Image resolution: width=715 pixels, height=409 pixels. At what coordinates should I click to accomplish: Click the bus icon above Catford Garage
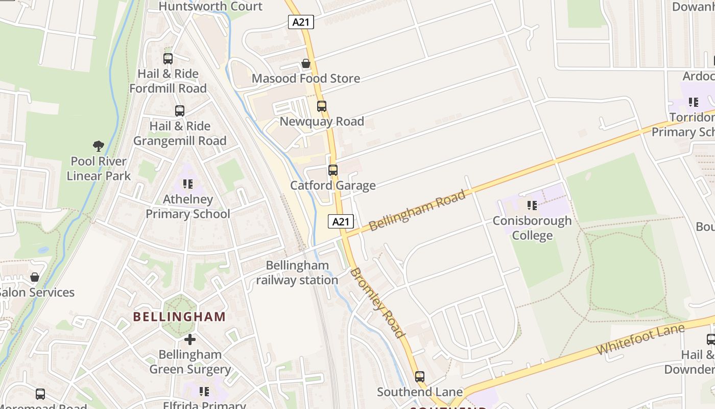pyautogui.click(x=333, y=170)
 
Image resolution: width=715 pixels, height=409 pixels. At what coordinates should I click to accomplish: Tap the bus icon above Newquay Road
pyautogui.click(x=322, y=106)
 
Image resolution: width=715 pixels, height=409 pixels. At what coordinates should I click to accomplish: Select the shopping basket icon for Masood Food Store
pyautogui.click(x=306, y=63)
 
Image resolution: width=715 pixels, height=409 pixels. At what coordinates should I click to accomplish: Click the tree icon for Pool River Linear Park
pyautogui.click(x=99, y=147)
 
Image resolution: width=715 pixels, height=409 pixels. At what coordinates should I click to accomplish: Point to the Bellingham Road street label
pyautogui.click(x=417, y=210)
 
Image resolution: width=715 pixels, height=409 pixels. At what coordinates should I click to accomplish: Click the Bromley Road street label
pyautogui.click(x=377, y=303)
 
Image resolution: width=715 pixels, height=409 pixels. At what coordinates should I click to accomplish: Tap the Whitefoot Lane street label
pyautogui.click(x=640, y=339)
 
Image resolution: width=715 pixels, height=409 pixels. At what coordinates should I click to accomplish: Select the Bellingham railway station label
pyautogui.click(x=297, y=273)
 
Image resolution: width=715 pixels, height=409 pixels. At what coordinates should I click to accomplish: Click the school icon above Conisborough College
pyautogui.click(x=532, y=206)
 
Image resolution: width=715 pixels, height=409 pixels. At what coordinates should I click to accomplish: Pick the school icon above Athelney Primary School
pyautogui.click(x=188, y=184)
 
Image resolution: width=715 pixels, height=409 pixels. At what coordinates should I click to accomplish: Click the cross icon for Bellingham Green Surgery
pyautogui.click(x=190, y=339)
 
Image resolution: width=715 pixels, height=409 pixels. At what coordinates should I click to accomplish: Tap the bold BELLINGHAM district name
pyautogui.click(x=179, y=316)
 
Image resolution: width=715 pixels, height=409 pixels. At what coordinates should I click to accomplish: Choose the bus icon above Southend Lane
pyautogui.click(x=420, y=377)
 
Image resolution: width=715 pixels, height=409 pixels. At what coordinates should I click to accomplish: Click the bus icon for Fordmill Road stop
pyautogui.click(x=168, y=59)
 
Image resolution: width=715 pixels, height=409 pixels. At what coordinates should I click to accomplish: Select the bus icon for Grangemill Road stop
pyautogui.click(x=180, y=111)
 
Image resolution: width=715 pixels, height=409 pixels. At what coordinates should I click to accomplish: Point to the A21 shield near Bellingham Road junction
pyautogui.click(x=341, y=221)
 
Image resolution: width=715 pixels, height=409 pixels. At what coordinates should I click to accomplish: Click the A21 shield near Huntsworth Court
pyautogui.click(x=301, y=22)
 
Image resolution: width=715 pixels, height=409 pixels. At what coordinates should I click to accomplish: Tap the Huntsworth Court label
pyautogui.click(x=210, y=7)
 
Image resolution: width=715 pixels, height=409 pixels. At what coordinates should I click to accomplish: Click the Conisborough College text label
pyautogui.click(x=532, y=228)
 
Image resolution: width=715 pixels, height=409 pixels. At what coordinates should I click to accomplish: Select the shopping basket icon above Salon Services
pyautogui.click(x=35, y=278)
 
